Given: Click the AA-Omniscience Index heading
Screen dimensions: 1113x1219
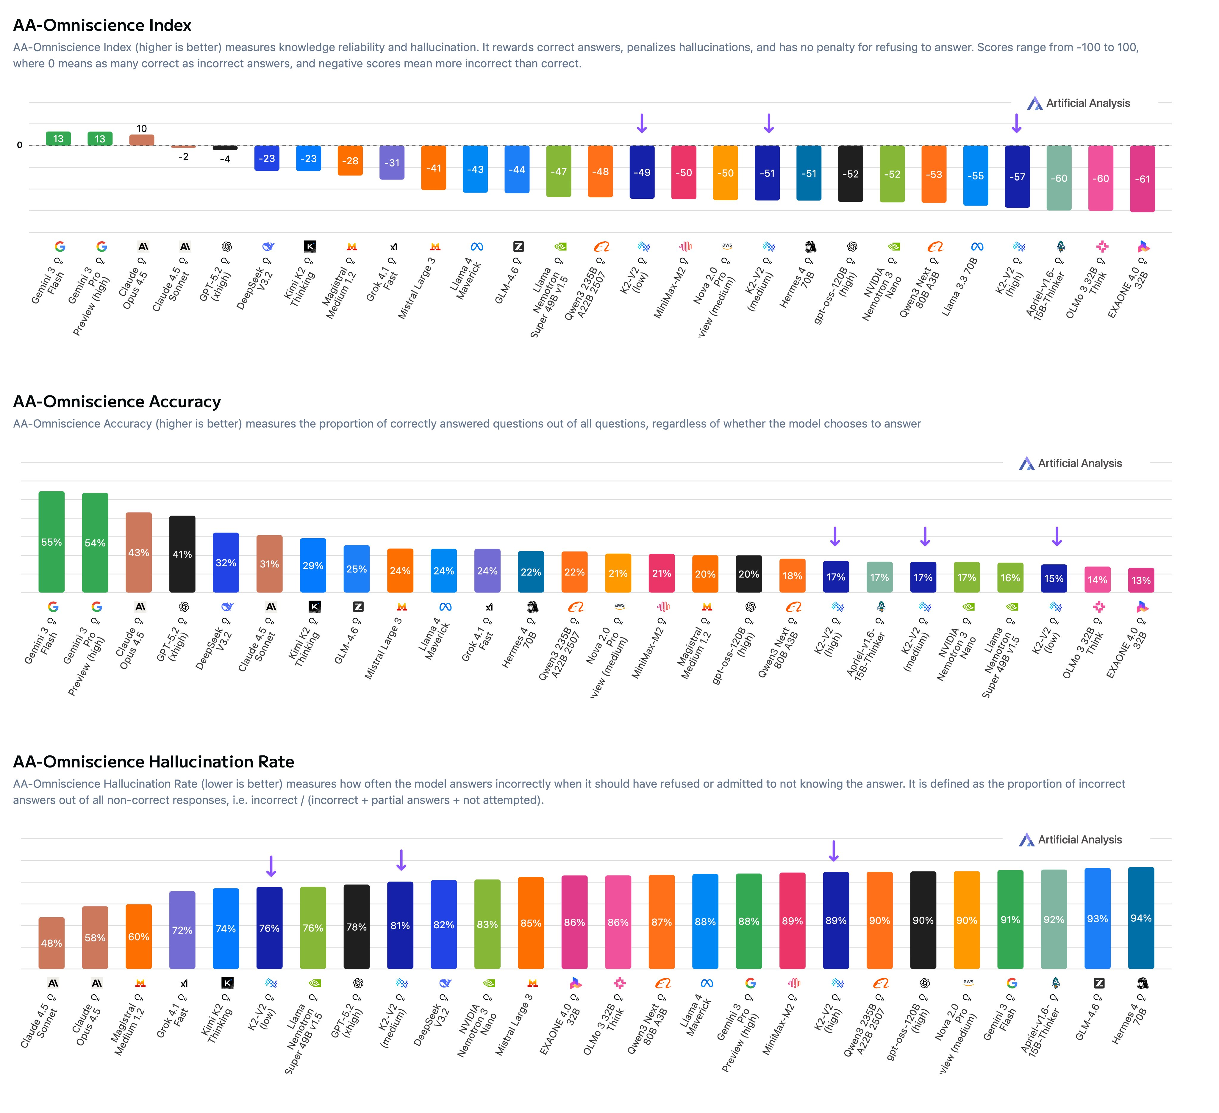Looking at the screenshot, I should tap(102, 25).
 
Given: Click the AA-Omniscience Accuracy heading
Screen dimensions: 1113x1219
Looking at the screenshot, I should tap(117, 402).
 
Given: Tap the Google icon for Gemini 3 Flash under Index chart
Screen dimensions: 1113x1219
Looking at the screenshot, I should tap(60, 247).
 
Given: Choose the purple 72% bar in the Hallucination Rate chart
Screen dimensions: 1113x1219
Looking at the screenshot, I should tap(182, 930).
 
